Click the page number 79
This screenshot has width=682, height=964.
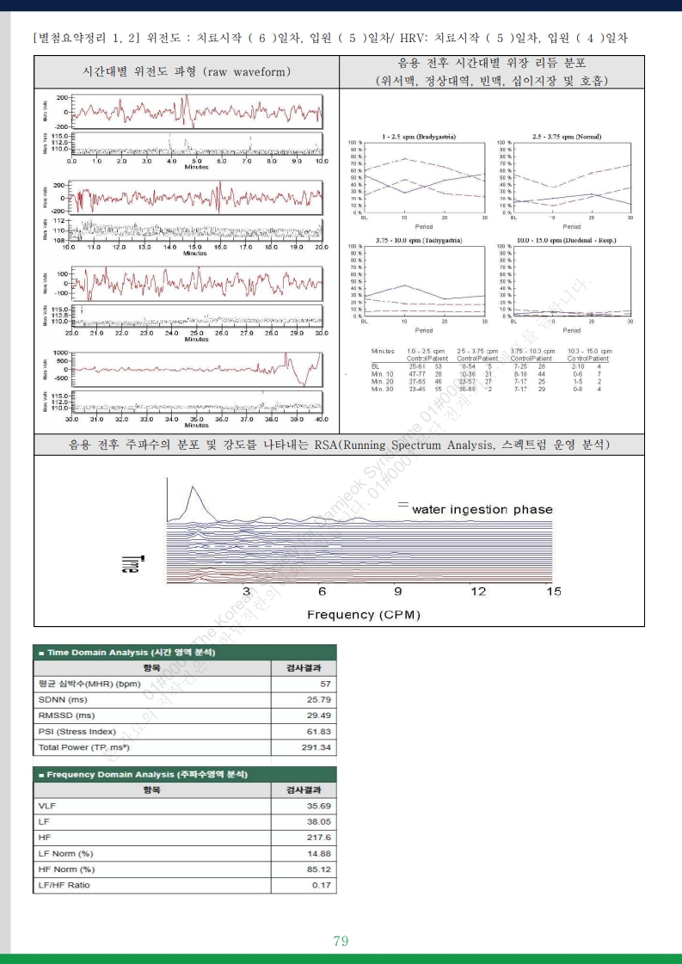[341, 941]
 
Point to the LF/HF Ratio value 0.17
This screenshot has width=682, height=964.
[321, 885]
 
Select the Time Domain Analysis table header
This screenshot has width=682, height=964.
[127, 653]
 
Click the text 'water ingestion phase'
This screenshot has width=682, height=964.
[482, 510]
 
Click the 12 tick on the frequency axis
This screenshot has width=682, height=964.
[478, 592]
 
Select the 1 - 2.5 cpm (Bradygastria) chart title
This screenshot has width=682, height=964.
[419, 137]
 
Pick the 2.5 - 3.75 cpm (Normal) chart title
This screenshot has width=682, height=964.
[567, 137]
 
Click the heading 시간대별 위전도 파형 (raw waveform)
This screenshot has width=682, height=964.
[186, 72]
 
